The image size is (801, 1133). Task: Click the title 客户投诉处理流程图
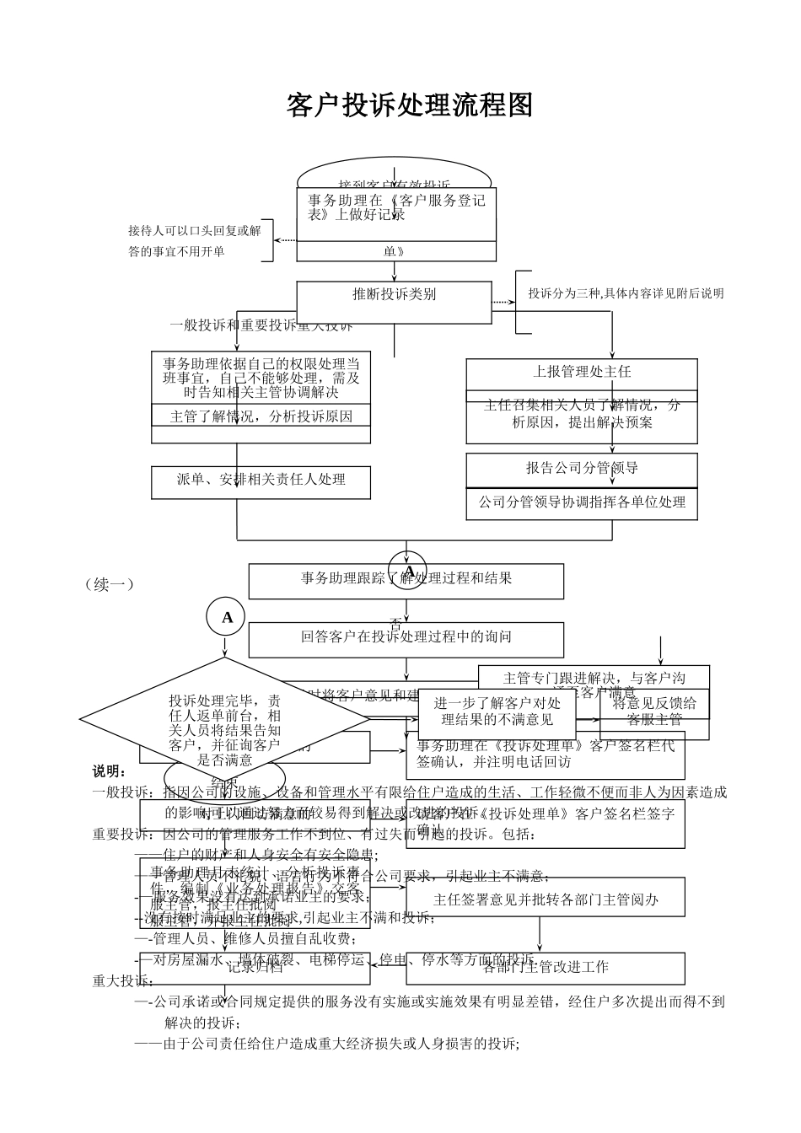pos(410,106)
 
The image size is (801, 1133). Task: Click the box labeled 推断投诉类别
pos(394,295)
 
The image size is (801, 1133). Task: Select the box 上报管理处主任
pos(581,372)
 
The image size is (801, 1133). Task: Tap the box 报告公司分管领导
pos(581,469)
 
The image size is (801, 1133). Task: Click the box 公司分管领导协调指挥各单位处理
pos(581,502)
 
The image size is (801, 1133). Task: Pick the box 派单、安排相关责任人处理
pos(261,480)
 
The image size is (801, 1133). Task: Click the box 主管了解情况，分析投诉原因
pos(261,416)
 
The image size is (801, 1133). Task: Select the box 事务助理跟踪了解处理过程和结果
pos(406,579)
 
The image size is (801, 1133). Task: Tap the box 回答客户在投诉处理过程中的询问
pos(406,637)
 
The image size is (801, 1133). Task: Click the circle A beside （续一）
pos(226,618)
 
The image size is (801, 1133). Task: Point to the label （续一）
pos(110,584)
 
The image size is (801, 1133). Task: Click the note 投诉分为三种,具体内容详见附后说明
pos(625,294)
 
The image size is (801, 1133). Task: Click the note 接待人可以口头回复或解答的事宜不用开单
pos(195,241)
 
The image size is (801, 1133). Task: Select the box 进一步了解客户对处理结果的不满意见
pos(497,711)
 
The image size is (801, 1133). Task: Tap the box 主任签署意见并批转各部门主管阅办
pos(545,900)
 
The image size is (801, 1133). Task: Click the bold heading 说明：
pos(110,772)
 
